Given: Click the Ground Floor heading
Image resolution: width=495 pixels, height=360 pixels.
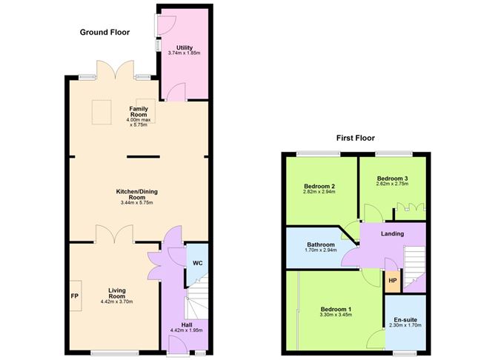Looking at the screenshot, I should coord(105,32).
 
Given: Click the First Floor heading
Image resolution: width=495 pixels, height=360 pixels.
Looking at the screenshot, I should coord(355,138).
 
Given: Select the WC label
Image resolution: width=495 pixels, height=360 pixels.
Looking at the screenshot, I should coord(196,263).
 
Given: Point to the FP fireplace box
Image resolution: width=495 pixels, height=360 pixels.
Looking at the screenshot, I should coord(75,296).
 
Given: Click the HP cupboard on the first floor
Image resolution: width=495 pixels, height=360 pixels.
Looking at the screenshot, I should coord(392,280).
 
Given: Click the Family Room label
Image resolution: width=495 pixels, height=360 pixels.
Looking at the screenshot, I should coord(139,112).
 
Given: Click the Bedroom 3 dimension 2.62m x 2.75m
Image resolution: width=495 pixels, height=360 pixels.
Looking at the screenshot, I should coord(393,185).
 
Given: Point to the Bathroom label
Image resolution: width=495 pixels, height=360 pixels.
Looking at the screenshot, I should coord(321,244).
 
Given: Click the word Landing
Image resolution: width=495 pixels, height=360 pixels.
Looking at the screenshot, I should coord(392,234).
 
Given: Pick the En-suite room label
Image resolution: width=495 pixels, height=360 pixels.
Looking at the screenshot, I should coord(405,320).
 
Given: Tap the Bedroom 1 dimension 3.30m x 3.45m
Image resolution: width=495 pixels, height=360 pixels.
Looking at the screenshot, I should coord(336,315).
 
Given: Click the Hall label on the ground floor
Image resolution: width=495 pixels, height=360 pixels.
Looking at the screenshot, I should coord(187,324).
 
